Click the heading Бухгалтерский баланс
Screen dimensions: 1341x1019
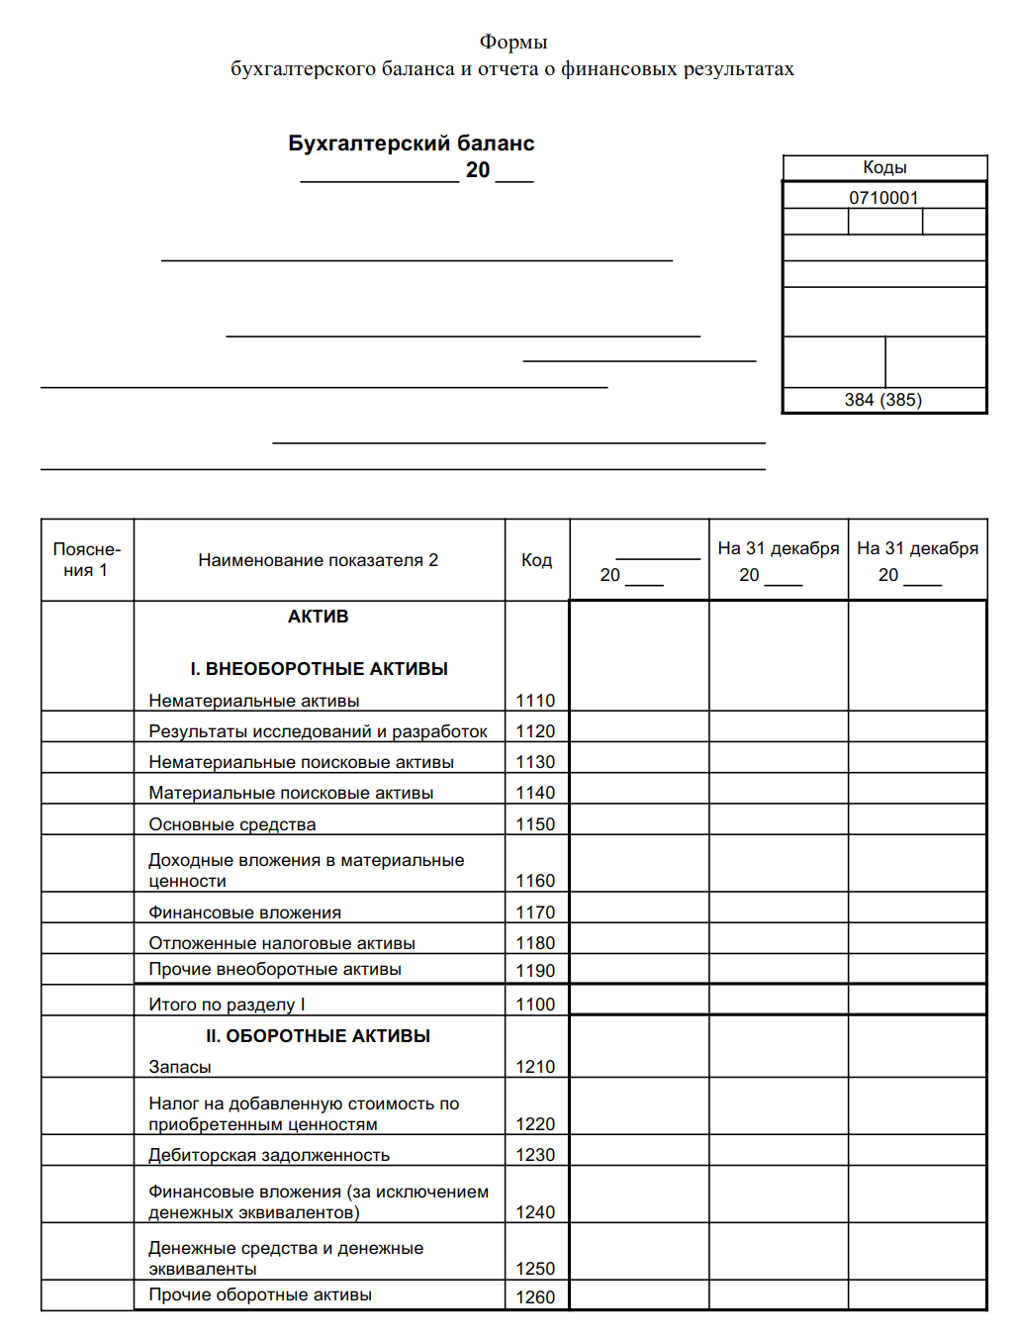tap(411, 144)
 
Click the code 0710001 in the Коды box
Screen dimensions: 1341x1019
tap(883, 197)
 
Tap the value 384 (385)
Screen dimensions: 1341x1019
tap(882, 400)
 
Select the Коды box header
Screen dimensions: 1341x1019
tap(884, 167)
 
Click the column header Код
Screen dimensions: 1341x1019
tap(536, 560)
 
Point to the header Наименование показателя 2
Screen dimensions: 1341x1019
tap(318, 560)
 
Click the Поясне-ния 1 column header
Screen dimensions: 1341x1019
tap(86, 560)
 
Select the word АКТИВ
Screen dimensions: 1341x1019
tap(318, 617)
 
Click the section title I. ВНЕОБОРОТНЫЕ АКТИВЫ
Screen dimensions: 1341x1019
tap(319, 669)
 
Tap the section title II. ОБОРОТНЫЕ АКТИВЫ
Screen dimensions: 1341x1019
tap(318, 1036)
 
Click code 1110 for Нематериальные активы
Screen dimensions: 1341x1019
tap(535, 701)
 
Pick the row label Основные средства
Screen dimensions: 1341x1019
tap(232, 824)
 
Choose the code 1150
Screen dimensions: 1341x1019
tap(535, 824)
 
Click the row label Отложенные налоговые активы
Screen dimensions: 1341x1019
tap(282, 943)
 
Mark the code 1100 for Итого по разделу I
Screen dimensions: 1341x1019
tap(535, 1005)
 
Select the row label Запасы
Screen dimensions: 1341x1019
tap(180, 1067)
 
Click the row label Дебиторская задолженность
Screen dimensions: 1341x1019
tap(269, 1155)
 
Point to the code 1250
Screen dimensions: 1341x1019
tap(535, 1269)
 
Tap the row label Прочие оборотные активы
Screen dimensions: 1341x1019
tap(260, 1294)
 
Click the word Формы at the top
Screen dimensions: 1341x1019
tap(512, 42)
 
